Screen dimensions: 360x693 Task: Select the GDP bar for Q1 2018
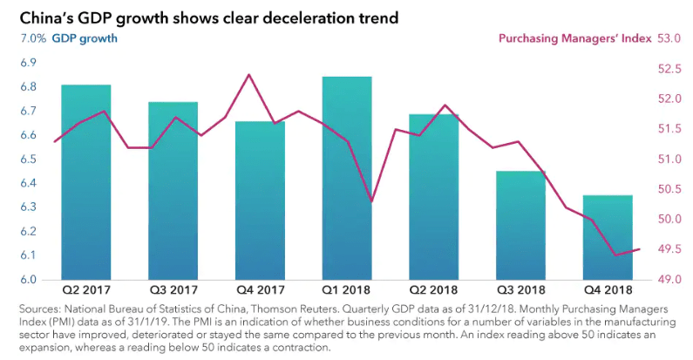[x=347, y=178]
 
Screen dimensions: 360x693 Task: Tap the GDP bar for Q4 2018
[x=607, y=237]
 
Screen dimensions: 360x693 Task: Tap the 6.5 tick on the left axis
[x=28, y=160]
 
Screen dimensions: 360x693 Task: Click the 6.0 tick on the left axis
[x=28, y=280]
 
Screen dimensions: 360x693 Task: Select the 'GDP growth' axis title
[x=85, y=38]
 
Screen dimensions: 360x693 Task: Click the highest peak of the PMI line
[x=249, y=75]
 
